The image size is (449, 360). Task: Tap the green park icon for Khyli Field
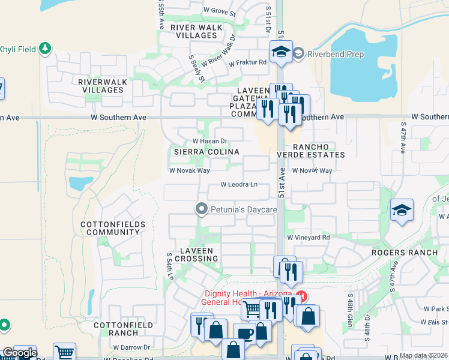tap(45, 48)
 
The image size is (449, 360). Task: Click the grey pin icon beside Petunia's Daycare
tap(202, 209)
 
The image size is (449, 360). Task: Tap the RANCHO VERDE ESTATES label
tap(318, 151)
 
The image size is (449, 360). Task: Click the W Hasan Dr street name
tap(209, 141)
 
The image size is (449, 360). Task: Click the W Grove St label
tap(220, 10)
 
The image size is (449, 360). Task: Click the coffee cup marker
tap(244, 334)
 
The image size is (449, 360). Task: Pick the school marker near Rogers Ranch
tap(402, 210)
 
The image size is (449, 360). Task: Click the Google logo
tap(19, 353)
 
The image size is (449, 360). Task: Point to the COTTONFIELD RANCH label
tap(116, 329)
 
